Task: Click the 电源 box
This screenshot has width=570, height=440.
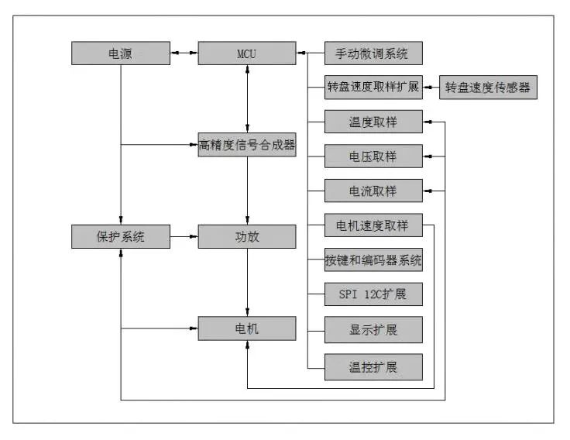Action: tap(120, 53)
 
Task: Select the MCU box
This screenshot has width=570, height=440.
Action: tap(246, 53)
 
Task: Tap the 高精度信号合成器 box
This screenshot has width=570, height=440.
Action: tap(246, 144)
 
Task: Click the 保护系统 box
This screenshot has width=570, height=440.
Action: tap(120, 236)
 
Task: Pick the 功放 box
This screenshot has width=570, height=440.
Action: tap(246, 236)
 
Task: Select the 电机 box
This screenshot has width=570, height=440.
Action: tap(246, 328)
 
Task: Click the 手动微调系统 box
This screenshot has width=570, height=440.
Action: tap(373, 53)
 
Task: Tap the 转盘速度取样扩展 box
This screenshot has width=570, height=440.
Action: tap(373, 88)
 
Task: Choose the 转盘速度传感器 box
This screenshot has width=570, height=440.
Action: tap(488, 88)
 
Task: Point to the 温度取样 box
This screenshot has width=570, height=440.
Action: tap(373, 122)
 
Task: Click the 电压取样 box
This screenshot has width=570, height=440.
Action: tap(373, 156)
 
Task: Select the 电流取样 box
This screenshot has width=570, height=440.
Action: tap(373, 190)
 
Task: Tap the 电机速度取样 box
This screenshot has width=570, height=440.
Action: tap(373, 225)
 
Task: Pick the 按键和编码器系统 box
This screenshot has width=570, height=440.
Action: tap(373, 260)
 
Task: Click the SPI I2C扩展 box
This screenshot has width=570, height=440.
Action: tap(373, 294)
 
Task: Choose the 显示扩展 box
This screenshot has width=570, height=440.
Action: tap(373, 329)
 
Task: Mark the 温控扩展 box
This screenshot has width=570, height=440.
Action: tap(373, 366)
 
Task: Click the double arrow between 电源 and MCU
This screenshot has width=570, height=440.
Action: tap(184, 53)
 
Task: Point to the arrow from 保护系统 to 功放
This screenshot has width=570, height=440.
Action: tap(184, 236)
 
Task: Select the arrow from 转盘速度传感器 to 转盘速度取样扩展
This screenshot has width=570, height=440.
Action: tap(431, 88)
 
